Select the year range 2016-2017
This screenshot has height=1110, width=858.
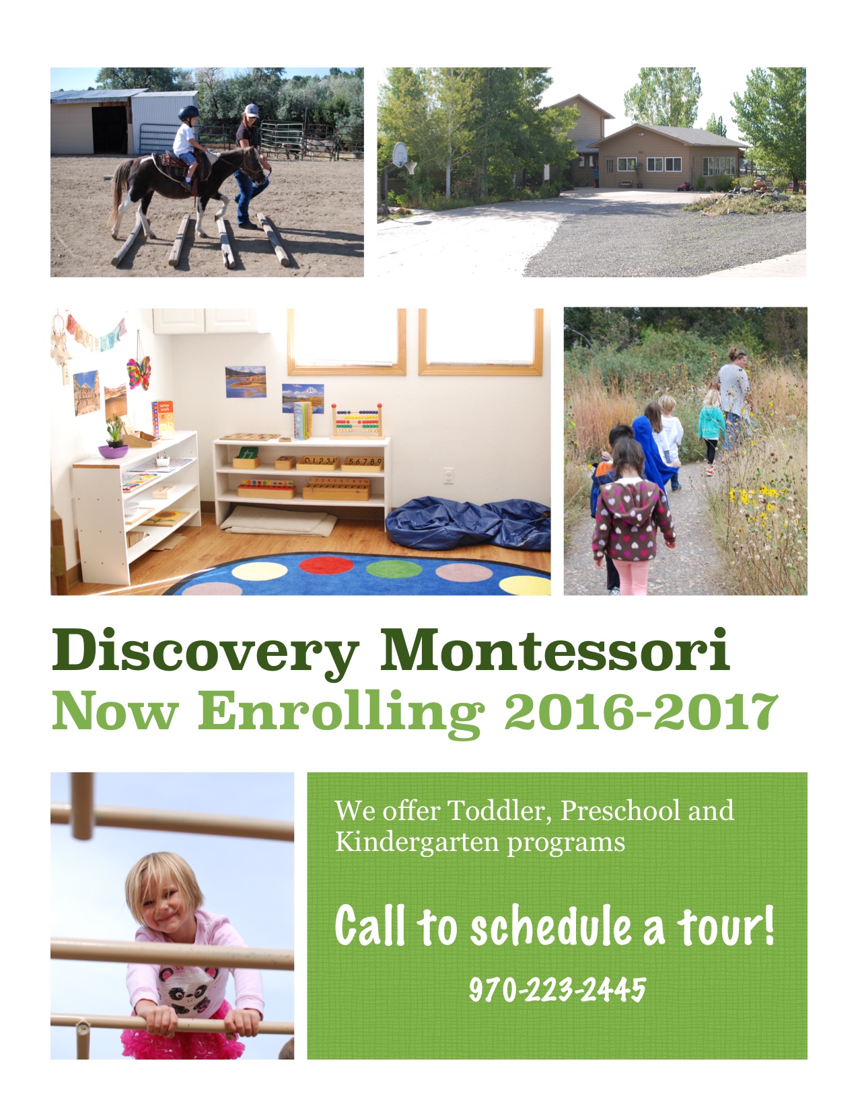tap(641, 711)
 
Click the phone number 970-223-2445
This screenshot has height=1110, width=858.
tap(557, 990)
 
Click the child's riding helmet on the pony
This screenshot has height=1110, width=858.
tap(188, 113)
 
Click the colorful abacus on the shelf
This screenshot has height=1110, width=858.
tap(357, 421)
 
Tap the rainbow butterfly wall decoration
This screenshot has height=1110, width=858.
tap(139, 373)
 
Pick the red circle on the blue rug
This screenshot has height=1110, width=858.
tap(326, 566)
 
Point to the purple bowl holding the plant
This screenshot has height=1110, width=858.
tap(114, 451)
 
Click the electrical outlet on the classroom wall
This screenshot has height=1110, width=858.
tap(448, 476)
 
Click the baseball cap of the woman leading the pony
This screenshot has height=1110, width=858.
tap(251, 110)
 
